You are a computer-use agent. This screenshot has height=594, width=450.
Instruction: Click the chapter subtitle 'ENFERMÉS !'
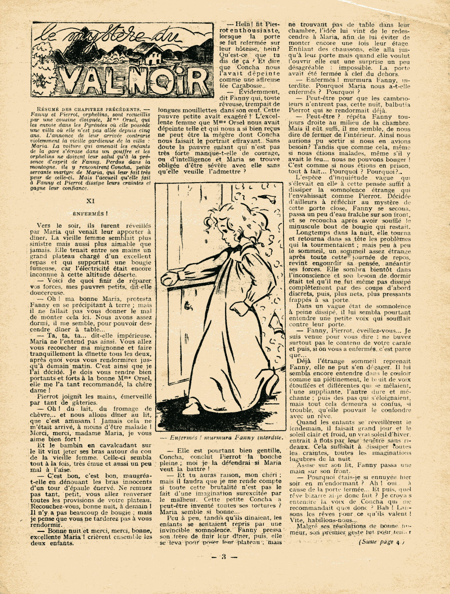pyautogui.click(x=90, y=214)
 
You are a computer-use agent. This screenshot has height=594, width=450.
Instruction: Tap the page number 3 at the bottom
pyautogui.click(x=224, y=557)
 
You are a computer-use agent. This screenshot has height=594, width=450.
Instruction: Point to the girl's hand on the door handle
pyautogui.click(x=172, y=275)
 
